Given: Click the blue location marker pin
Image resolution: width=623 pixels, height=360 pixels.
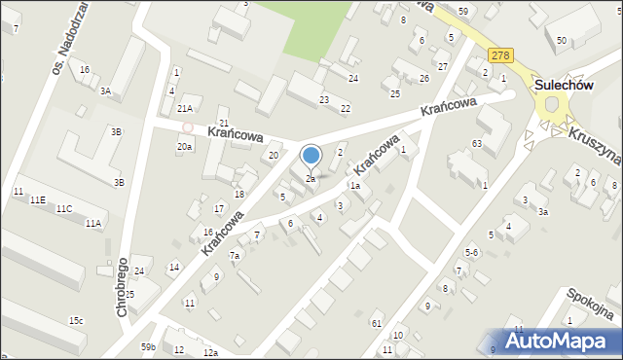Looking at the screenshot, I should (x=311, y=156).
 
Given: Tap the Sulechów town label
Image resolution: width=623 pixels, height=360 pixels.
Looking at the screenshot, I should (x=564, y=86).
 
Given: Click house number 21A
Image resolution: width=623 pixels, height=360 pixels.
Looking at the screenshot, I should (x=185, y=109).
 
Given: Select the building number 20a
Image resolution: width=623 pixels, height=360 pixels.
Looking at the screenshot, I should (x=184, y=146).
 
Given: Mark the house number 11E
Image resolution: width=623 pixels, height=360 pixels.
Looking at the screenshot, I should (x=37, y=199).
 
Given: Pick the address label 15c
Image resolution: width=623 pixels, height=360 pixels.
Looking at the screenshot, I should (x=75, y=321).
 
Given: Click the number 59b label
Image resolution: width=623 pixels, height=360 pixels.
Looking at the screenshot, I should (x=148, y=346).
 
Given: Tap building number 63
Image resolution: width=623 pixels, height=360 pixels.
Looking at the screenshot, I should (x=477, y=144).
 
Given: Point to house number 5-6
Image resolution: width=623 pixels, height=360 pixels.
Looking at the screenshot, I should (x=471, y=252).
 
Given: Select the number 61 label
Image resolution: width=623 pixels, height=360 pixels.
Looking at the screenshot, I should (x=377, y=323).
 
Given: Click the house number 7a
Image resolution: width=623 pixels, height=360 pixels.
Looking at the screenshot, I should (x=235, y=256).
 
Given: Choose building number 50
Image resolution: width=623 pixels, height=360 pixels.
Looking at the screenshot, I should (x=562, y=40).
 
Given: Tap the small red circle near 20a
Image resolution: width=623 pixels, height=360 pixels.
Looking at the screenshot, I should (x=187, y=126).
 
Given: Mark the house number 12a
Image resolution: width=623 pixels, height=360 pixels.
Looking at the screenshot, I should (x=210, y=352).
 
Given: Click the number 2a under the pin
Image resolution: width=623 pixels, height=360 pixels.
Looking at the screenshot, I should (x=311, y=179).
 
